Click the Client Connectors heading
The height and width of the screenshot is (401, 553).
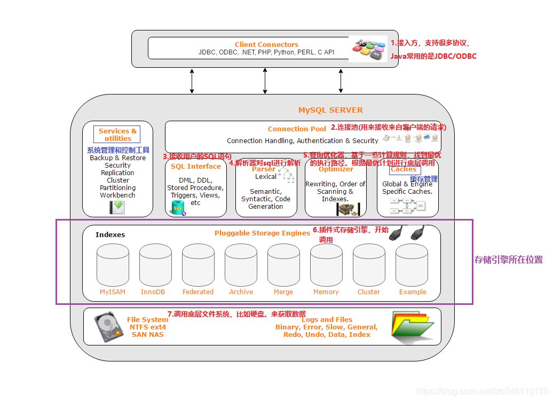pos(266,44)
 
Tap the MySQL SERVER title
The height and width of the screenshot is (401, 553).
pos(330,110)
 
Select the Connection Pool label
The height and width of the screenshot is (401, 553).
pos(297,129)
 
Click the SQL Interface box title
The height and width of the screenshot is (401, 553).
pos(196,166)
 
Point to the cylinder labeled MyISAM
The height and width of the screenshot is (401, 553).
pos(113,265)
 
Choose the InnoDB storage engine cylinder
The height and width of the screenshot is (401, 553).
pos(155,265)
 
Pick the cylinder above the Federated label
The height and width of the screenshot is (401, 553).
pos(198,265)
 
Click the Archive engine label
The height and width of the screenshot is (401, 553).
pos(241,292)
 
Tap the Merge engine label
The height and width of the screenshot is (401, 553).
pos(283,292)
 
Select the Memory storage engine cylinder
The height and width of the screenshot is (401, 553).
pos(326,265)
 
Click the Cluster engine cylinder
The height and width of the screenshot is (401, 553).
pos(369,265)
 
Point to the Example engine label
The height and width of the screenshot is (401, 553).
pos(413,292)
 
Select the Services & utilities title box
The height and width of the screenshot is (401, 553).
pos(117,135)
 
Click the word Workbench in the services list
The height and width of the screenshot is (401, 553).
pos(117,195)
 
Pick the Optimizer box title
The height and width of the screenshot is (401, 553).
pos(336,169)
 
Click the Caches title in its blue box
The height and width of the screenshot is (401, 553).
pos(404,169)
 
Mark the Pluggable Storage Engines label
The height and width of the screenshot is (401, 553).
pos(262,233)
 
